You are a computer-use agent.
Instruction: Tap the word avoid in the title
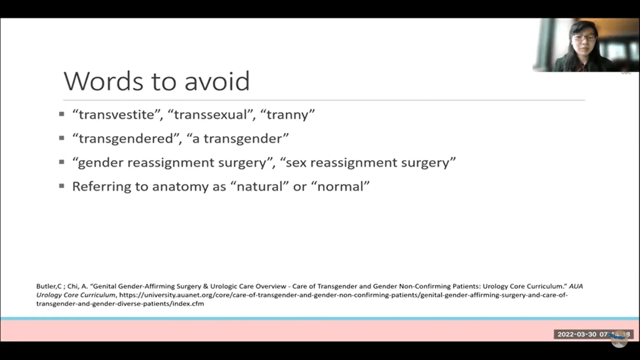click(x=217, y=81)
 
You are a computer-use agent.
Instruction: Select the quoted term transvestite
click(x=117, y=115)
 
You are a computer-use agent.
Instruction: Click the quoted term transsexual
click(x=211, y=115)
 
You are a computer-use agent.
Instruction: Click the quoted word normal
click(x=340, y=186)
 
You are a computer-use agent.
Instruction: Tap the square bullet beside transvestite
click(x=62, y=114)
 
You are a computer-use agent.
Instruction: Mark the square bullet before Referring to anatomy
click(x=62, y=186)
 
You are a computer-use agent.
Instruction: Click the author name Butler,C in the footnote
click(x=49, y=286)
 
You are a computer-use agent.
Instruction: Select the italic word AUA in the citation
click(x=576, y=286)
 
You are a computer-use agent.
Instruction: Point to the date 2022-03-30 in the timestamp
click(x=577, y=334)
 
